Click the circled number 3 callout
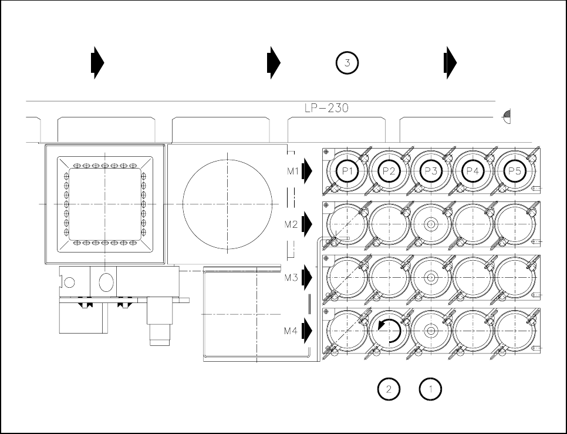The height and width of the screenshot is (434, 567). coord(347,63)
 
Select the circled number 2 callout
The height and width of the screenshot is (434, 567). coord(389,388)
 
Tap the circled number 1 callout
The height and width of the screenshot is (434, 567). coord(430,388)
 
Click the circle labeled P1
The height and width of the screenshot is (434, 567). coord(346,171)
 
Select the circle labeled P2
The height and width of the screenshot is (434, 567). coord(389,171)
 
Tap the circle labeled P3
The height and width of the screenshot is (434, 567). coord(431,171)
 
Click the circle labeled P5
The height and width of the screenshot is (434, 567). coord(515,171)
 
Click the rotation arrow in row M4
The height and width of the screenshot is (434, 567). coord(389,331)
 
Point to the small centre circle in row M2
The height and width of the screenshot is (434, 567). coord(431,224)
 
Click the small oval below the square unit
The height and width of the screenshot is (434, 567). coord(106,282)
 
